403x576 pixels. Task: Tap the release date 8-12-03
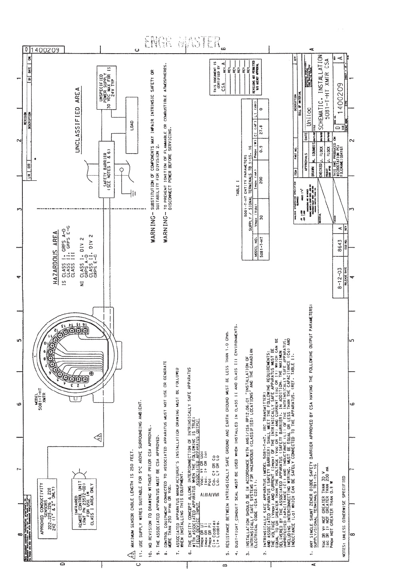tap(337, 280)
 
